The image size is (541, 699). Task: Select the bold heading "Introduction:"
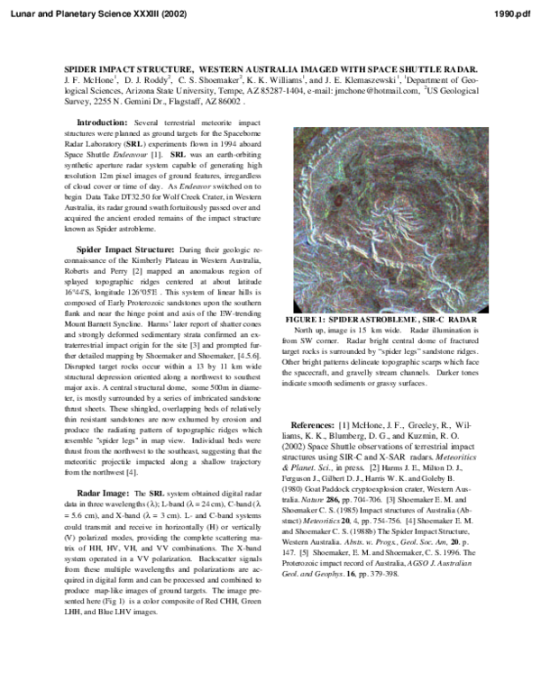pyautogui.click(x=102, y=122)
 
